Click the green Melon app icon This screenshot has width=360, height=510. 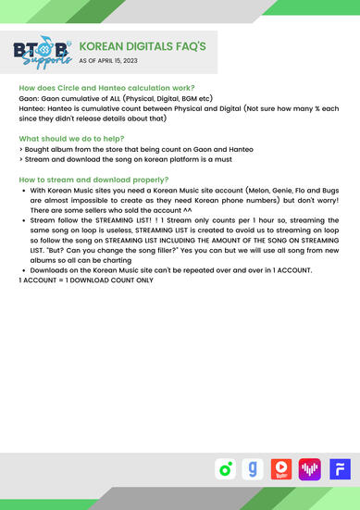224,469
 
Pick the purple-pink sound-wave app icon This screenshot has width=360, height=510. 309,469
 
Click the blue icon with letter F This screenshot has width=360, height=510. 339,469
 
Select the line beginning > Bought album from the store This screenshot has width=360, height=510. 121,147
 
